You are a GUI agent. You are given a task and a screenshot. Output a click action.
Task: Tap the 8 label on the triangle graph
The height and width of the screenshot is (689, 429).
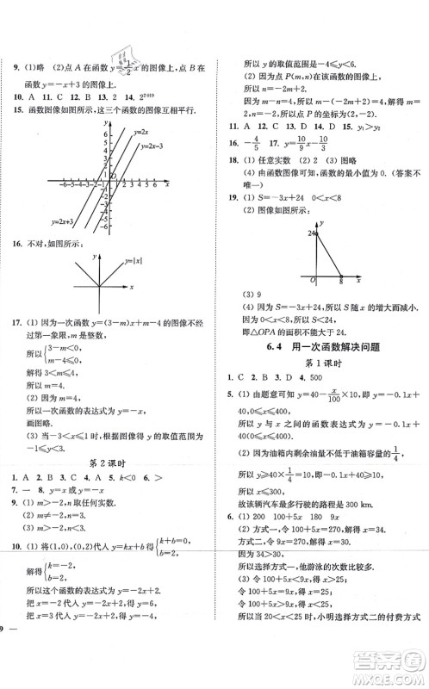coord(340,285)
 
